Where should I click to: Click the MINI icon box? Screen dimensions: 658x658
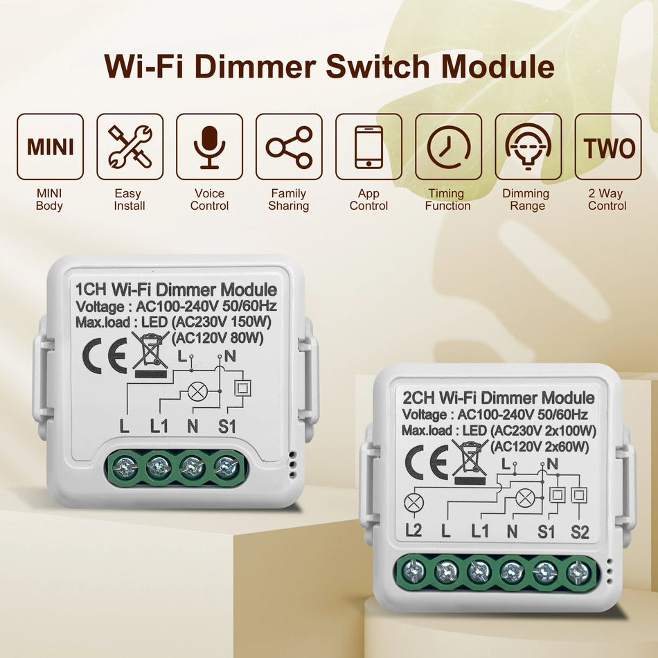click(x=50, y=147)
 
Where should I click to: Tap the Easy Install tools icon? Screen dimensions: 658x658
click(x=130, y=147)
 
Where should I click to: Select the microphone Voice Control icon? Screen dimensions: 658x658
click(x=209, y=147)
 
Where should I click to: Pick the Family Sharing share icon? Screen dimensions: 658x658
click(x=289, y=147)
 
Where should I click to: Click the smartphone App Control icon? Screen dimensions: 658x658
click(x=368, y=147)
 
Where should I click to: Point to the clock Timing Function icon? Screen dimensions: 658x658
click(x=448, y=147)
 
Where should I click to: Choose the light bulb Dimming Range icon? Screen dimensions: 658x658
click(x=528, y=147)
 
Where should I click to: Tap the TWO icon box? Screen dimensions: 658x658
click(x=608, y=147)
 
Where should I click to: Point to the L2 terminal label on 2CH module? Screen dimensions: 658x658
click(x=414, y=531)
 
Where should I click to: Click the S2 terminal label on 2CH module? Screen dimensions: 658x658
click(x=580, y=531)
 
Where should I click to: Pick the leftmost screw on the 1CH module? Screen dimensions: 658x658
click(x=125, y=469)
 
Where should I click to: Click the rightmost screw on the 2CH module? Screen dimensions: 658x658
click(x=578, y=572)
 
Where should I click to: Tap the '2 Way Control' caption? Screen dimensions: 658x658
click(x=607, y=199)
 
